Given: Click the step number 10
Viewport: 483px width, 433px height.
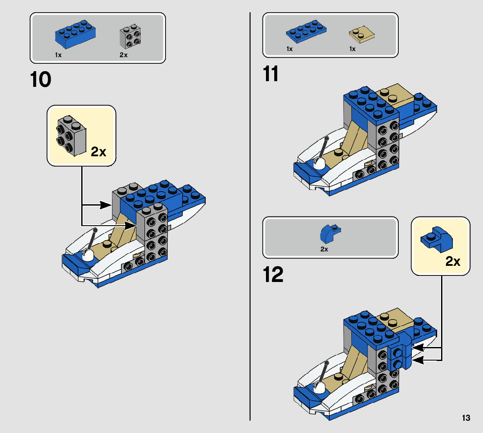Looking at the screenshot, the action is pyautogui.click(x=41, y=79).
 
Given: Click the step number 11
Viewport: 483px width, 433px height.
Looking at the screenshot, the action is pyautogui.click(x=270, y=74).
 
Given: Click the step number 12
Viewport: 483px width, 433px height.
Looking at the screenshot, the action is pyautogui.click(x=273, y=275).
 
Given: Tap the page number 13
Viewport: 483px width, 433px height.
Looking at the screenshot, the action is pyautogui.click(x=466, y=418).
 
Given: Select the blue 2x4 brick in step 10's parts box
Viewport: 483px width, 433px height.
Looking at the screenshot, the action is pyautogui.click(x=75, y=34).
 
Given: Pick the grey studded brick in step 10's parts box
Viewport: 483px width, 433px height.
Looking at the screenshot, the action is pyautogui.click(x=130, y=37).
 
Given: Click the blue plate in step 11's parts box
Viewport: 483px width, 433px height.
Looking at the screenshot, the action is pyautogui.click(x=306, y=31).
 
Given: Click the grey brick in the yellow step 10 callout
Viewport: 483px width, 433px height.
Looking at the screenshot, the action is pyautogui.click(x=71, y=135).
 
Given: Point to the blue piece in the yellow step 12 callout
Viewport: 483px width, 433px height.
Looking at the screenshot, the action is pyautogui.click(x=437, y=239).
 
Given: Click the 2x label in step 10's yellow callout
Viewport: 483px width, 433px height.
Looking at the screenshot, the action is pyautogui.click(x=99, y=152).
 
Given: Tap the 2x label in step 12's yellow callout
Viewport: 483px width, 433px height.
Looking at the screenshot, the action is pyautogui.click(x=453, y=261).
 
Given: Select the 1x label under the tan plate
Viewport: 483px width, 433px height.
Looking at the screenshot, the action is pyautogui.click(x=352, y=49).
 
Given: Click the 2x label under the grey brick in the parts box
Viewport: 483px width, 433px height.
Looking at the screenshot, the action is pyautogui.click(x=124, y=55).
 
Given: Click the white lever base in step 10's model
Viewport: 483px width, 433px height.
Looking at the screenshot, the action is pyautogui.click(x=88, y=255).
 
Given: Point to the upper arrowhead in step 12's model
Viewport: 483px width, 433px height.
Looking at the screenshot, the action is pyautogui.click(x=418, y=348).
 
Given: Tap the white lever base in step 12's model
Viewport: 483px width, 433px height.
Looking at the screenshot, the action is pyautogui.click(x=319, y=388).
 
